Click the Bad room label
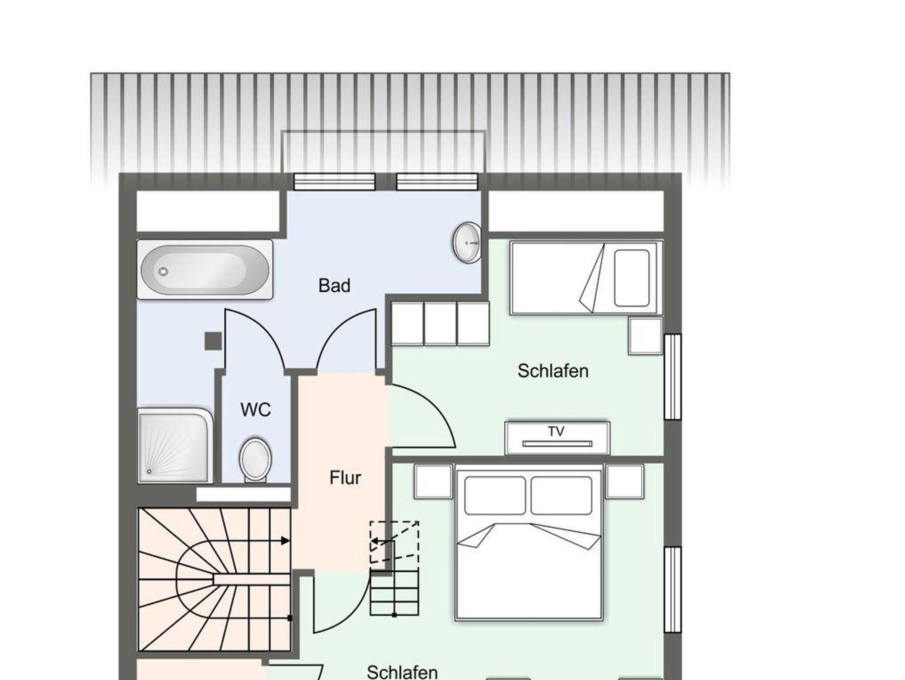(x=334, y=286)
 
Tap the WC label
(x=255, y=410)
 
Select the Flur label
(x=345, y=478)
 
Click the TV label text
(x=556, y=432)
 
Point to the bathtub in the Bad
(x=205, y=270)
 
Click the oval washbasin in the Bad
(x=467, y=243)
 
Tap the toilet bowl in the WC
(x=255, y=460)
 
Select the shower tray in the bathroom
(x=175, y=446)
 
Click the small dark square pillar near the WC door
(x=213, y=341)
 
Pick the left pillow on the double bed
(x=495, y=496)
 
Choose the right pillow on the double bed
(x=561, y=496)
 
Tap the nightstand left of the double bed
(x=433, y=481)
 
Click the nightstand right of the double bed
(x=625, y=481)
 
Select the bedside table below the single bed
(x=646, y=336)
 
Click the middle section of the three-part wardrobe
(x=440, y=323)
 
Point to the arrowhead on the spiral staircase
(x=285, y=540)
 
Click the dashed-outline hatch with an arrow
(x=394, y=542)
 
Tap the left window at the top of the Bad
(x=335, y=181)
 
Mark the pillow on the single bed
(x=632, y=278)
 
